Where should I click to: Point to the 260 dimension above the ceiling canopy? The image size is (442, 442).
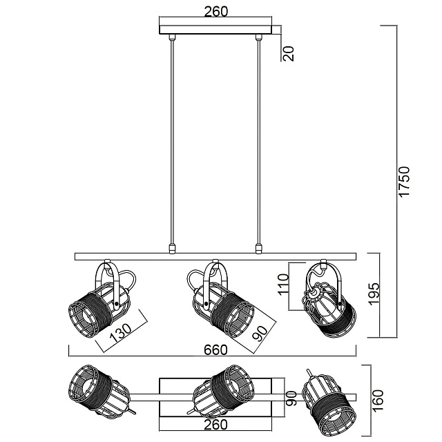(x=216, y=12)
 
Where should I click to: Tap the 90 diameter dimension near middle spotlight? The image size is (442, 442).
(x=260, y=334)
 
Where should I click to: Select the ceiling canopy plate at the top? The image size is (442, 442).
(x=217, y=30)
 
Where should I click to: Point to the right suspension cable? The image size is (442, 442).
(x=260, y=138)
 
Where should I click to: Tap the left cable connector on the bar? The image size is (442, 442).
(x=171, y=247)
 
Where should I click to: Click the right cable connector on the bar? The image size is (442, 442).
(x=260, y=247)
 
